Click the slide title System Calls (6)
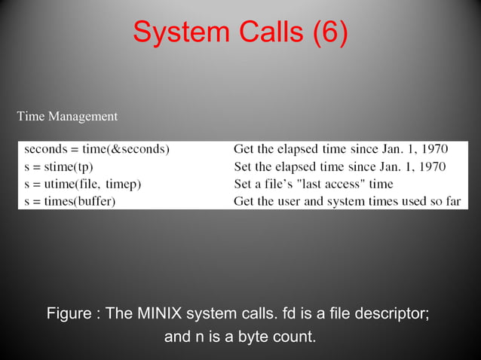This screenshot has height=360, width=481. click(x=240, y=32)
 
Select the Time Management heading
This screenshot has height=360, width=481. click(x=67, y=117)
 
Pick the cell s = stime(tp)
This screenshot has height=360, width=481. click(x=58, y=166)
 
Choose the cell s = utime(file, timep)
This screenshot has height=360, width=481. click(x=82, y=184)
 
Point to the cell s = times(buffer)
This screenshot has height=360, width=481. click(x=69, y=201)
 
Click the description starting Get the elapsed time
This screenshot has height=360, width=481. click(x=341, y=149)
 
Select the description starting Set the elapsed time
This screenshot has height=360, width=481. click(x=340, y=166)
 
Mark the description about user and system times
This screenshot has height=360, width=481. click(x=347, y=201)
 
